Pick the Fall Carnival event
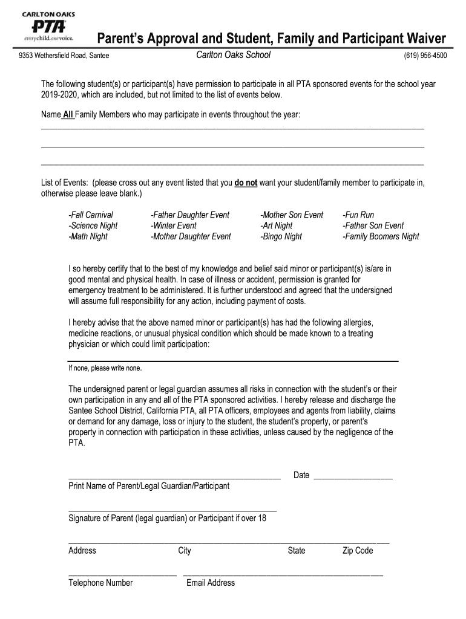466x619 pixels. [91, 215]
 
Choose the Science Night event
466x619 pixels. [93, 225]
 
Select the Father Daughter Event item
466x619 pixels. [190, 215]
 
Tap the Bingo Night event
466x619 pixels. [281, 236]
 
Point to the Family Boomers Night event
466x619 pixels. [381, 236]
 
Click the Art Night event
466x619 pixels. [277, 225]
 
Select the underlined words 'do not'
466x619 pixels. [246, 183]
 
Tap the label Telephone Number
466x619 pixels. [100, 583]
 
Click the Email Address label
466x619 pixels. [211, 583]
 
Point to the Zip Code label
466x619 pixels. [358, 550]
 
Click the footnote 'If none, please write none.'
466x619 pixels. [105, 368]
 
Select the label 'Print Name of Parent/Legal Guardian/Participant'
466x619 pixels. [149, 485]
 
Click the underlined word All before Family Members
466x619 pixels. [68, 115]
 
